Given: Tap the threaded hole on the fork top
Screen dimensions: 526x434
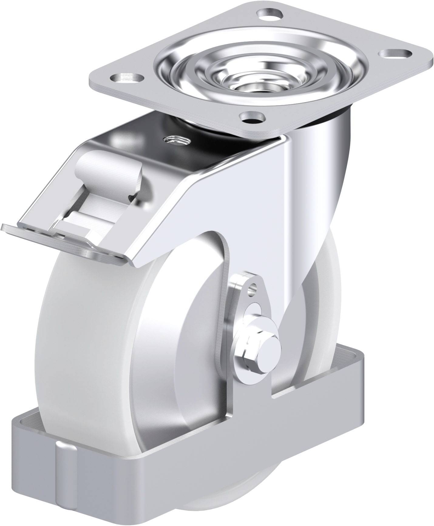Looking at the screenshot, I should [x=176, y=140].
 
